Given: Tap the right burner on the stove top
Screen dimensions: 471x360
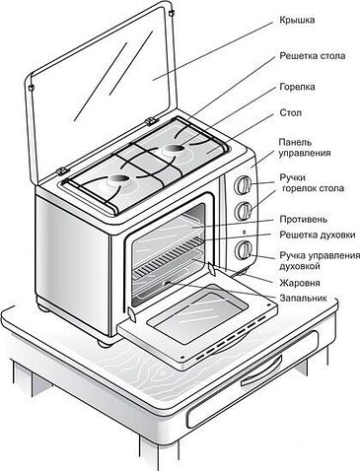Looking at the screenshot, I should [179, 149].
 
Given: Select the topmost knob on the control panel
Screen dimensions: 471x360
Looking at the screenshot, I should [241, 184].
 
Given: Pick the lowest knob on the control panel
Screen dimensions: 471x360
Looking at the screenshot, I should [242, 248].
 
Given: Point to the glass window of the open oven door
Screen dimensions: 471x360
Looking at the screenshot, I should [183, 312].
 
